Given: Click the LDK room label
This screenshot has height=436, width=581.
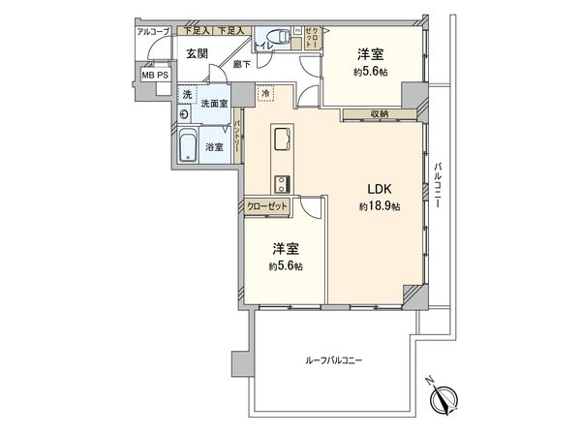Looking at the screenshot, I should point(376,190).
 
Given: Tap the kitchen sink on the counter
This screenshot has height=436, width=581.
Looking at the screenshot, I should point(283,140).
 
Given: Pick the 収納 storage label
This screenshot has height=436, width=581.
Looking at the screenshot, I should point(378,114).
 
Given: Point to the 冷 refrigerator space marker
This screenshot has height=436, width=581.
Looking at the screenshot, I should point(267,93).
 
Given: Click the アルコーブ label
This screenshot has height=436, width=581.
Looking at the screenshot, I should point(153,31).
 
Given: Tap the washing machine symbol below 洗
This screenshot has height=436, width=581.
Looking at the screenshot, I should point(185,111).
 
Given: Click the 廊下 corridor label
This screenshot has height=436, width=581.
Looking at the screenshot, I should point(241,64).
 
